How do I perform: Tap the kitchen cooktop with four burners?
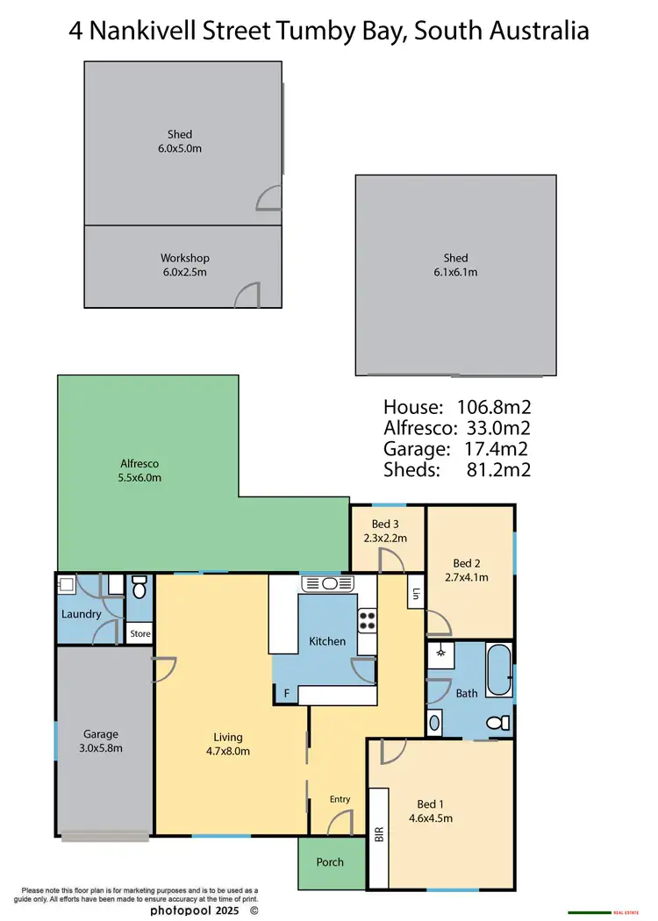click(367, 620)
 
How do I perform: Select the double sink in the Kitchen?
click(325, 583)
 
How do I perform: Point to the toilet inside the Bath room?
click(497, 723)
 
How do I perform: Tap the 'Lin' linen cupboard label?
click(415, 594)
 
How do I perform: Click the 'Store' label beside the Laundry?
click(139, 633)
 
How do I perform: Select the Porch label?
click(330, 862)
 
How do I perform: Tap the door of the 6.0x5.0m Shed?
click(269, 200)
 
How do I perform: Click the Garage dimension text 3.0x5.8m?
click(101, 748)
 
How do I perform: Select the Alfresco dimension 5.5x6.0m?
click(139, 478)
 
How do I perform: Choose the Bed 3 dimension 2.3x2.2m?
click(387, 539)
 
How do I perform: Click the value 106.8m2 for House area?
click(494, 407)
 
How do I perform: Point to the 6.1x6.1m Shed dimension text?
click(455, 272)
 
